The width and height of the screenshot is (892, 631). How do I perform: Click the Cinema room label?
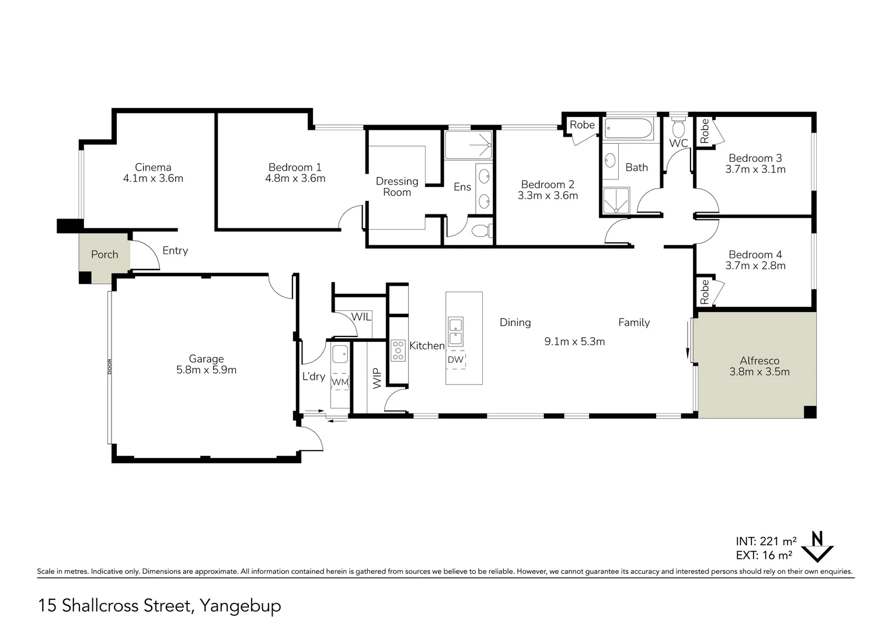coord(153,168)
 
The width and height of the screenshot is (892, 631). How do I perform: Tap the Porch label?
coord(104,254)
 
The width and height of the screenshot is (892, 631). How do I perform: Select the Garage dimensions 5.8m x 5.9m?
coord(206,370)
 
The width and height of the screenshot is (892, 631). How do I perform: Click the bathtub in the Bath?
coord(628,129)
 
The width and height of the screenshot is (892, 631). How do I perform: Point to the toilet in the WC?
coord(678,127)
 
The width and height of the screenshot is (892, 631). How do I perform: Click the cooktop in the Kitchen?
coord(398,351)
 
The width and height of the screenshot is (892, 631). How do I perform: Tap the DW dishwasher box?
coord(455,360)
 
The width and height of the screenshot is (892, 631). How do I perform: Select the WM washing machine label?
coord(340,382)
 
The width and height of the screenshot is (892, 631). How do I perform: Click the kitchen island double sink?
coord(455,332)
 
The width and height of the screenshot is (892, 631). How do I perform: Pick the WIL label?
coord(361,317)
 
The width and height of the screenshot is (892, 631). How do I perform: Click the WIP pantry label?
coord(377,378)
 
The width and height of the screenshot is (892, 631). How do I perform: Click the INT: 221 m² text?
coord(766,541)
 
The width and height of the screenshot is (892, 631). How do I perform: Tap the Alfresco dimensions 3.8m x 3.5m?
coord(759,372)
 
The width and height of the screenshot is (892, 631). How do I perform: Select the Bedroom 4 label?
coord(755,254)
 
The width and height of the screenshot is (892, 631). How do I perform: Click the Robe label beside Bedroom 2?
coord(582,125)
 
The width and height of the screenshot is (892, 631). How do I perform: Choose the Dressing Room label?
coord(397,186)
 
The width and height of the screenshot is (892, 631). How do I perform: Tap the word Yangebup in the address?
coord(241,606)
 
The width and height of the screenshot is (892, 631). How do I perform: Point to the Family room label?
coord(634,323)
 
